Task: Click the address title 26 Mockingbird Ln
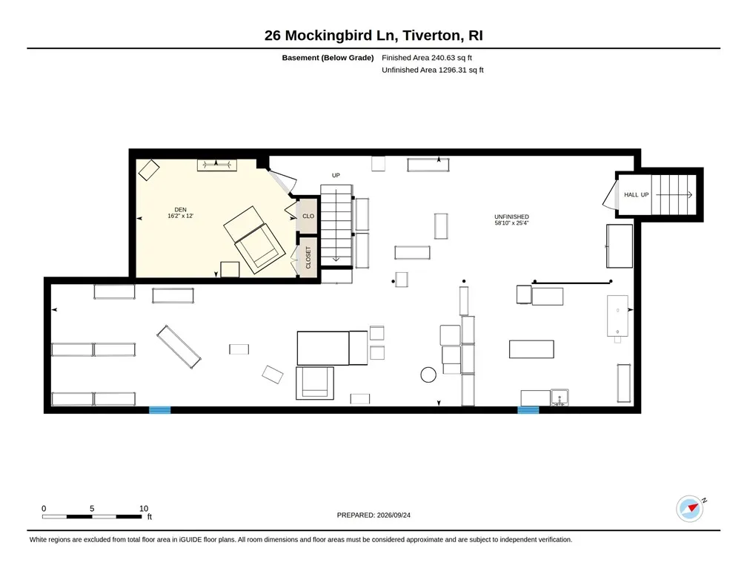[331, 36]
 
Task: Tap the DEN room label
[181, 210]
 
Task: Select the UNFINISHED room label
[511, 217]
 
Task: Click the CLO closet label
[308, 216]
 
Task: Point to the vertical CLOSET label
[308, 257]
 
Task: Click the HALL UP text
[637, 194]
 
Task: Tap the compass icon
[690, 509]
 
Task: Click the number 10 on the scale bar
[144, 508]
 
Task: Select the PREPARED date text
[373, 515]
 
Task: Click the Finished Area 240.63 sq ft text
[427, 58]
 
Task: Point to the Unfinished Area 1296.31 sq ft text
[433, 70]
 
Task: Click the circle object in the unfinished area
[428, 375]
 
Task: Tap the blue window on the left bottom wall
[160, 409]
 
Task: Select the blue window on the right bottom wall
[528, 409]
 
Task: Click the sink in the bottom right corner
[560, 398]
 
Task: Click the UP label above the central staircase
[336, 176]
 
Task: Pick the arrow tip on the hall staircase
[692, 194]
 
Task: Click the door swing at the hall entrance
[608, 196]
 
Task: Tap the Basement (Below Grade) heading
[328, 58]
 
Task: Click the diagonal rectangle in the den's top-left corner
[149, 170]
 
